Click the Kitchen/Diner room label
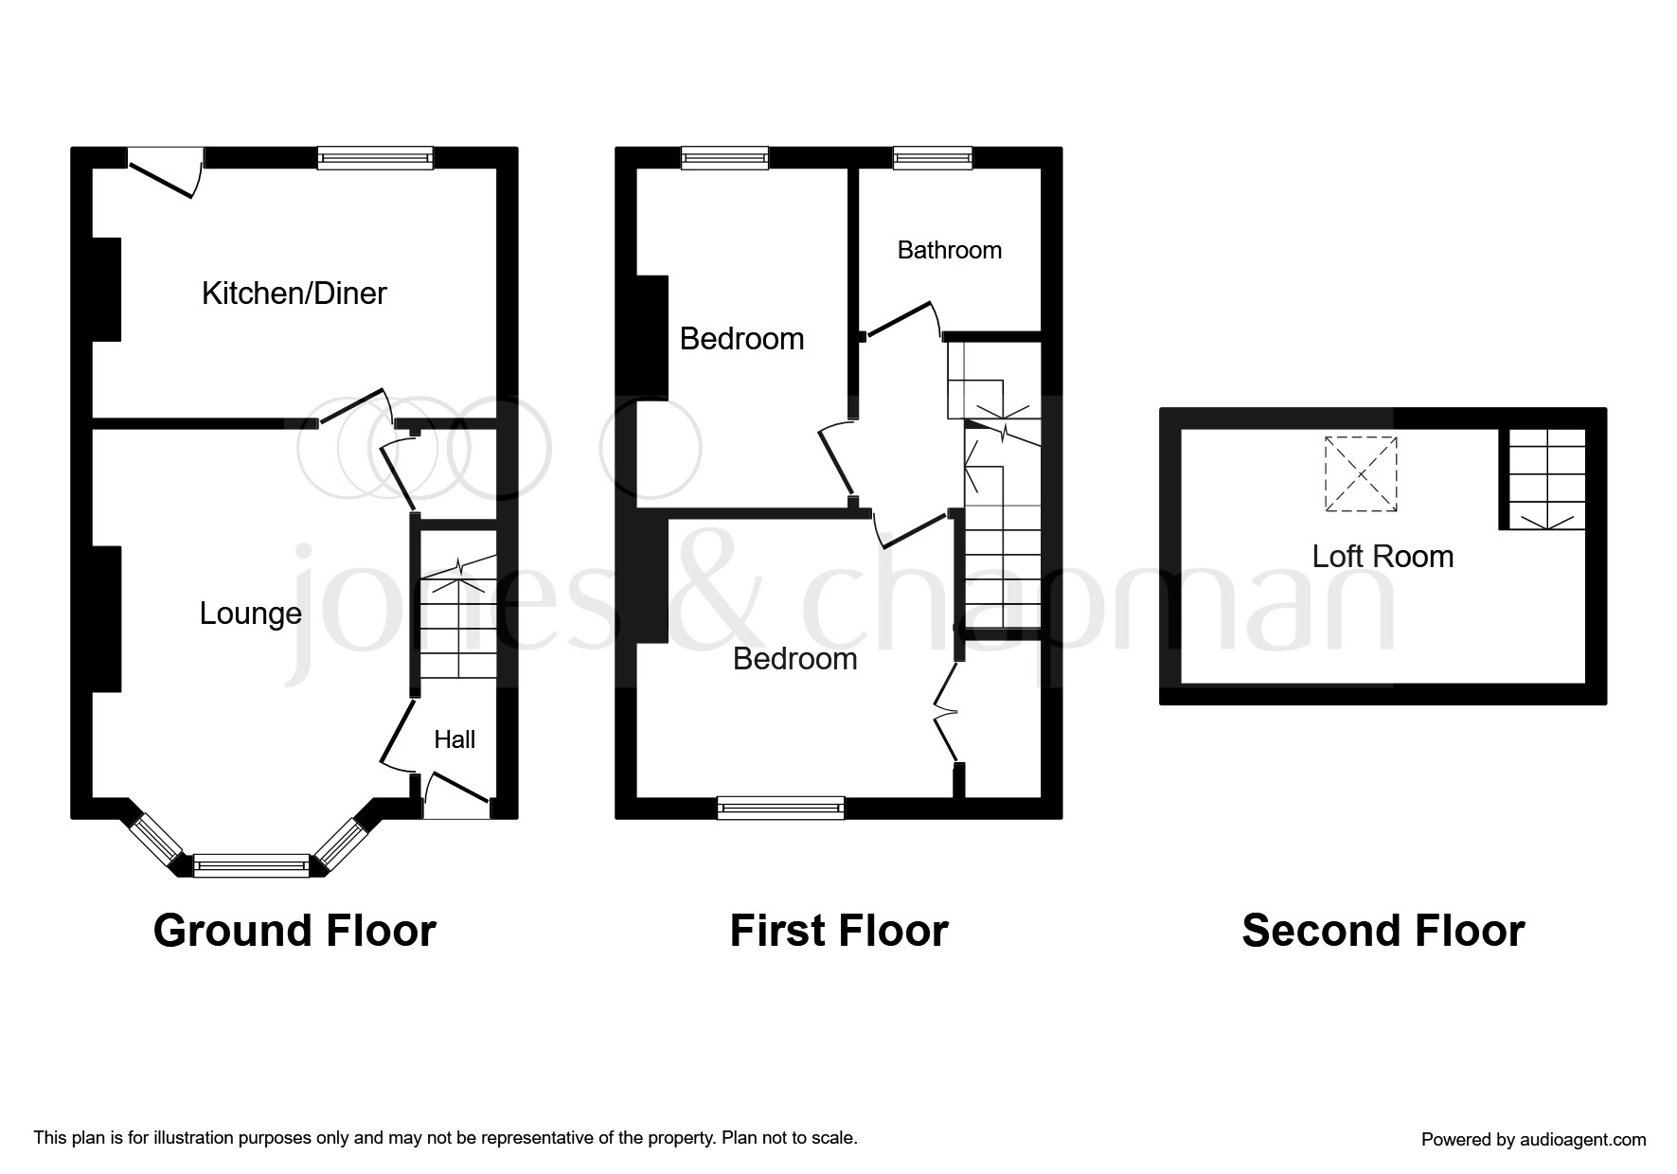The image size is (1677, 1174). click(294, 293)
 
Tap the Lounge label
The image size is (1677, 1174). click(250, 614)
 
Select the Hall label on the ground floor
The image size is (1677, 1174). click(455, 739)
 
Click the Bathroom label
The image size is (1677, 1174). click(949, 250)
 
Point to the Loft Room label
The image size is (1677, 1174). click(1383, 556)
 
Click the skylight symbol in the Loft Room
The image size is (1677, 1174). click(1361, 474)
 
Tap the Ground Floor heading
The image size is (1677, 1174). click(294, 931)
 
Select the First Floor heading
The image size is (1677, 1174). click(838, 931)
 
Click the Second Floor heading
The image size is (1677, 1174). click(1383, 931)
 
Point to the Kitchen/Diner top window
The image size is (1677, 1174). click(375, 158)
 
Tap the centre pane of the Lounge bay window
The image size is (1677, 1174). click(251, 864)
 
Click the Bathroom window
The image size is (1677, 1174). click(933, 158)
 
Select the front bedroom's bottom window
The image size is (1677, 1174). click(780, 808)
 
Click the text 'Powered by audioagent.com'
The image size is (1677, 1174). click(1533, 1140)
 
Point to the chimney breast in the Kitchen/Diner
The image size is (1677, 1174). click(106, 289)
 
